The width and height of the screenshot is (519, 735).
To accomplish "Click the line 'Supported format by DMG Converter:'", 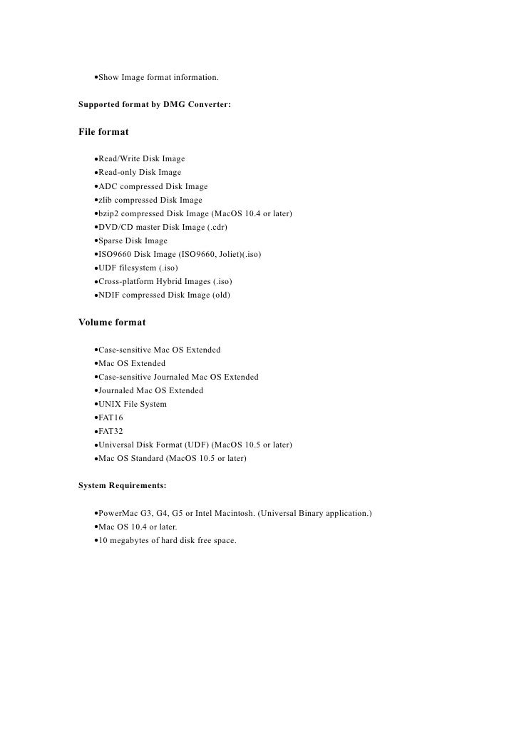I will click(x=154, y=105).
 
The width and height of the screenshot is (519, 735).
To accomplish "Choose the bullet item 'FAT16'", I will click(x=111, y=417).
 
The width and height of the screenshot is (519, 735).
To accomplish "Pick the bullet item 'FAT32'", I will click(x=111, y=431).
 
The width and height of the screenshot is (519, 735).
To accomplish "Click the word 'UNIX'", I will click(x=111, y=404).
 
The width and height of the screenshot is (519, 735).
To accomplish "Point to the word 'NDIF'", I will click(x=110, y=295).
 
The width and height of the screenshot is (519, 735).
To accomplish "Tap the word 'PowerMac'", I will click(x=119, y=514).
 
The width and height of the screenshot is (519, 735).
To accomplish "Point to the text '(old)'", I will click(x=220, y=295).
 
